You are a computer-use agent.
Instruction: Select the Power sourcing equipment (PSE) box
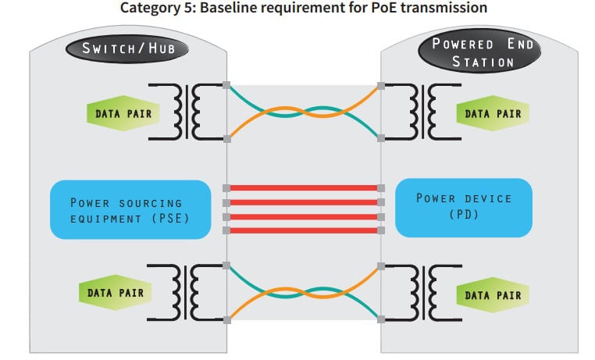130,209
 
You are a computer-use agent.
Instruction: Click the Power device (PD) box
463,206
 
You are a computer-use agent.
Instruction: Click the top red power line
303,188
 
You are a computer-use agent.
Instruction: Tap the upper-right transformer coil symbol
429,113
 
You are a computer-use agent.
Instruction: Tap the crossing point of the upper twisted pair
303,112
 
